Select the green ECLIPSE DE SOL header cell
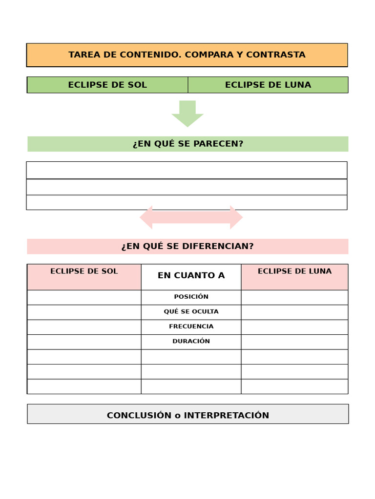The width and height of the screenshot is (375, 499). (x=107, y=85)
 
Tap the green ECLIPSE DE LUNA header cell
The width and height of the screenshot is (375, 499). (x=268, y=85)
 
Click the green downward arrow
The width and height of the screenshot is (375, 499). (x=187, y=113)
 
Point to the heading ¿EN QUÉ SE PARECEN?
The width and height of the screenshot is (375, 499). (x=187, y=144)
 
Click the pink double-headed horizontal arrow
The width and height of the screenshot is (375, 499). (x=191, y=217)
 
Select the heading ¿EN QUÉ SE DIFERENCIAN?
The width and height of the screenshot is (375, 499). (x=187, y=247)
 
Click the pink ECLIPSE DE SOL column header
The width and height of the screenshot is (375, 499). (x=84, y=276)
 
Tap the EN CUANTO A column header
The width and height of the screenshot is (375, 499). (x=191, y=276)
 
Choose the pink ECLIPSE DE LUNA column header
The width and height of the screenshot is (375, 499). (x=294, y=276)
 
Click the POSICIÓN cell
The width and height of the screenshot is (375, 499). (x=191, y=297)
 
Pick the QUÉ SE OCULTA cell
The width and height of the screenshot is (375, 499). (x=191, y=312)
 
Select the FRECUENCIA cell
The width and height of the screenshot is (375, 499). (x=191, y=326)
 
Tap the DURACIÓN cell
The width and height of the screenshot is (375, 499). (x=191, y=342)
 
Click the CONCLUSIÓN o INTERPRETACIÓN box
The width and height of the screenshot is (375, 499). (x=187, y=415)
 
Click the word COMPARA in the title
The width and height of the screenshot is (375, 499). (x=209, y=55)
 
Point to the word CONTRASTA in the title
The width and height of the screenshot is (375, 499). (x=275, y=55)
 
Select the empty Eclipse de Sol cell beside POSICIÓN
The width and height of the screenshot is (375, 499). (x=84, y=297)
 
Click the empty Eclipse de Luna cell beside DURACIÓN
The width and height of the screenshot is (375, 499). (x=294, y=342)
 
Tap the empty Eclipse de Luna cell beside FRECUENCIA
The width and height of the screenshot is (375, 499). (x=294, y=327)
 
